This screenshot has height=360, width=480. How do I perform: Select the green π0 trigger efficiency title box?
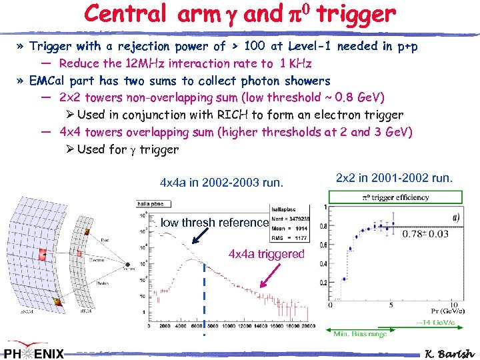pyautogui.click(x=395, y=197)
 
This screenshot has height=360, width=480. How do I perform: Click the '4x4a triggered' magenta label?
pyautogui.click(x=266, y=254)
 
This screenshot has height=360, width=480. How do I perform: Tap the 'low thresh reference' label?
pyautogui.click(x=214, y=223)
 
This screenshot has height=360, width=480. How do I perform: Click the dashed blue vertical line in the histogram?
pyautogui.click(x=205, y=293)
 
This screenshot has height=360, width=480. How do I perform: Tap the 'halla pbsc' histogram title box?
pyautogui.click(x=152, y=204)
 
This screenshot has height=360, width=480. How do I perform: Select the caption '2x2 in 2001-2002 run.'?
pyautogui.click(x=395, y=178)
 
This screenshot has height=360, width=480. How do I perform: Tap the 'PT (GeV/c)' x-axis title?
pyautogui.click(x=437, y=311)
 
